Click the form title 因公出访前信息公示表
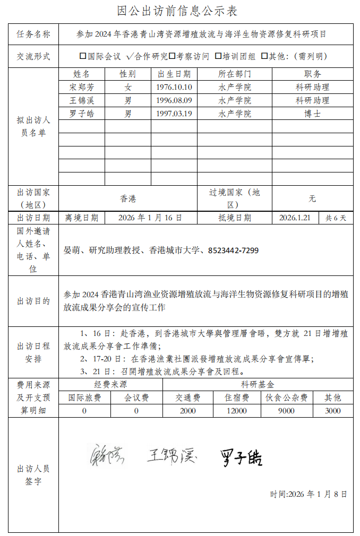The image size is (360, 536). point(177,11)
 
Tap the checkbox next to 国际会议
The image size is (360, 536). point(83,56)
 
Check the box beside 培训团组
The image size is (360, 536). point(218,56)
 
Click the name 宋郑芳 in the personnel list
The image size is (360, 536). point(81,87)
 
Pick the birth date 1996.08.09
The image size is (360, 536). point(174,100)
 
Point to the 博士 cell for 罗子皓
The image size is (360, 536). point(312,114)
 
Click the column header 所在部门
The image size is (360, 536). point(235,74)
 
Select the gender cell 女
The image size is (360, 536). point(128,87)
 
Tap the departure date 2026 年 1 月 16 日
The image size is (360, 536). point(150,218)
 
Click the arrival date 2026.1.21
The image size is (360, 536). point(295,218)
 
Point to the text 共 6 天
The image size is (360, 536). point(336,218)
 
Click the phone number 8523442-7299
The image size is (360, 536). point(233,250)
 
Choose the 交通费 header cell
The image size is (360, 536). point(188,397)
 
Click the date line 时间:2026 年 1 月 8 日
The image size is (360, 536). point(308,494)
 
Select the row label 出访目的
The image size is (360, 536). point(33,301)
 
